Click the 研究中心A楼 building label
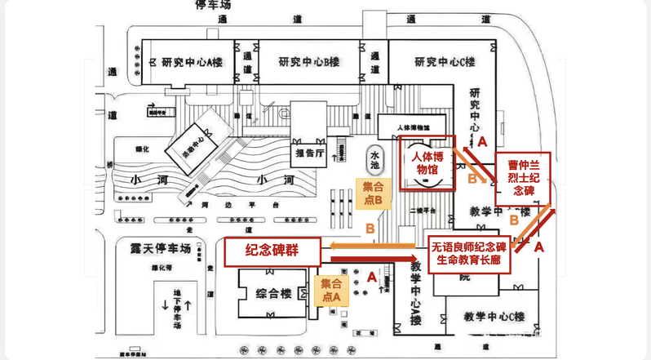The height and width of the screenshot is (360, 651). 193,62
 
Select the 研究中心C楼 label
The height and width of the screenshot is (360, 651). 445,62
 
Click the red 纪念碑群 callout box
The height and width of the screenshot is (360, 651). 272,252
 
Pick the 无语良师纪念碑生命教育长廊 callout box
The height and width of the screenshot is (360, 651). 469,253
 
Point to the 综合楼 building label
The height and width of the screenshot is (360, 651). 268,294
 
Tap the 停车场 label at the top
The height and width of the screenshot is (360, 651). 215,5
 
